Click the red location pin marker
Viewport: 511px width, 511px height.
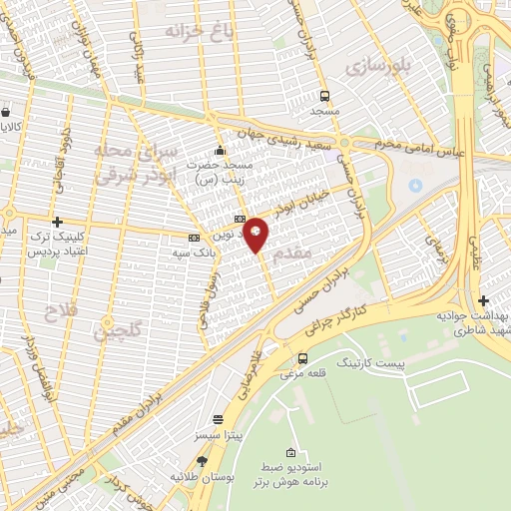(x=256, y=234)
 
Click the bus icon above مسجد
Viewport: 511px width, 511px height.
(x=325, y=97)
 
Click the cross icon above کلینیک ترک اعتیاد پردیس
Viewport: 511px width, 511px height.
(x=57, y=222)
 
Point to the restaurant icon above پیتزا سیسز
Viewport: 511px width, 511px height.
(x=219, y=421)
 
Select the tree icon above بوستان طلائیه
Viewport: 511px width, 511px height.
(x=203, y=461)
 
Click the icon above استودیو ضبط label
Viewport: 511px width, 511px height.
(x=290, y=454)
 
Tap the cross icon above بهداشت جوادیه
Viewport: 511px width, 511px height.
(x=483, y=300)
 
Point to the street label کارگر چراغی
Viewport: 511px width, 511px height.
(x=346, y=314)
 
